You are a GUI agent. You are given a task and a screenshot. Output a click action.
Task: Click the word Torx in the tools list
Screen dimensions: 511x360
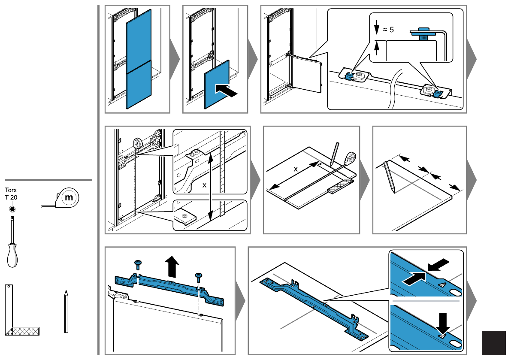click(11, 190)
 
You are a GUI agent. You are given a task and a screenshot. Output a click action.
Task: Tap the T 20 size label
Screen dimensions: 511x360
click(11, 197)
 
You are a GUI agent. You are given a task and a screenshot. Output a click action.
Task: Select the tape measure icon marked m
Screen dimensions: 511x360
click(60, 198)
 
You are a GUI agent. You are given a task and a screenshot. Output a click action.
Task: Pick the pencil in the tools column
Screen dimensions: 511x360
click(66, 312)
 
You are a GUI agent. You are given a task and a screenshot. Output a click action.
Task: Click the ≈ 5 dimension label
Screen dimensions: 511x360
click(388, 30)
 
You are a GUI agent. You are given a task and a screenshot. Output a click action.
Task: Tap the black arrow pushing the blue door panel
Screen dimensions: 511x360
click(227, 90)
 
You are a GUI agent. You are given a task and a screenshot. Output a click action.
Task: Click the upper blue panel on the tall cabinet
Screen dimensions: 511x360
click(139, 41)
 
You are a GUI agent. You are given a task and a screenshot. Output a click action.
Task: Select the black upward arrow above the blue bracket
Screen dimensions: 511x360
click(172, 266)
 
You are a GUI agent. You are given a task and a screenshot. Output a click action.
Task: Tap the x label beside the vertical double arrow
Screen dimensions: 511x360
click(204, 185)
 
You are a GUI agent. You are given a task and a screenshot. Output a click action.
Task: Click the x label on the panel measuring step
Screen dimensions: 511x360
click(296, 169)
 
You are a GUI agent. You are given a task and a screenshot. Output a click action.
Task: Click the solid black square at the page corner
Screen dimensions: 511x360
click(493, 343)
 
